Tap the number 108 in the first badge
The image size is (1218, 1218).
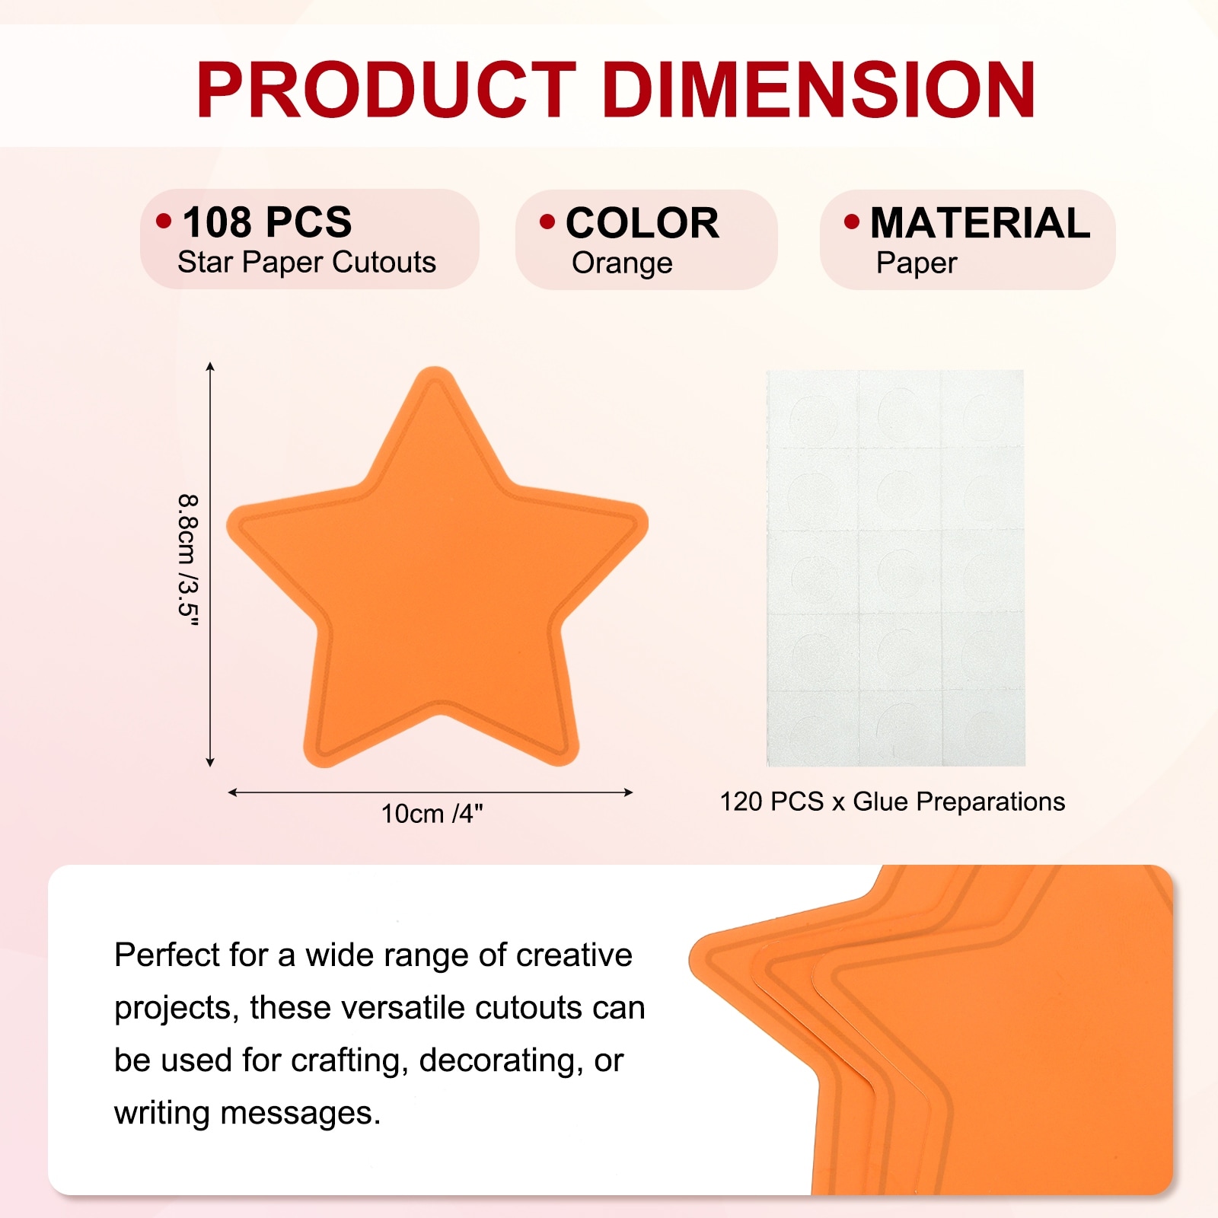pyautogui.click(x=216, y=222)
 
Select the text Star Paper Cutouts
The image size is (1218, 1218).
pyautogui.click(x=307, y=263)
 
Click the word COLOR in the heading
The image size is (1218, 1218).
pyautogui.click(x=642, y=223)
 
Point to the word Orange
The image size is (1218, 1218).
pyautogui.click(x=622, y=263)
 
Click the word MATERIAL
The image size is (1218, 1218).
pyautogui.click(x=980, y=223)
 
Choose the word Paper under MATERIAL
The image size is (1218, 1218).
pyautogui.click(x=917, y=263)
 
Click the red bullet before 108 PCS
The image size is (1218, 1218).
pyautogui.click(x=164, y=221)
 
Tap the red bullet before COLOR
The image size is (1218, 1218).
pyautogui.click(x=547, y=222)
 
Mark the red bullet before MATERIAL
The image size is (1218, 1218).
pyautogui.click(x=852, y=222)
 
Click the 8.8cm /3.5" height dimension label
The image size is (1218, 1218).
pyautogui.click(x=188, y=561)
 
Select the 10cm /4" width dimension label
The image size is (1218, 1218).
pyautogui.click(x=432, y=814)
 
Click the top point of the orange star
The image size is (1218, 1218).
pyautogui.click(x=435, y=368)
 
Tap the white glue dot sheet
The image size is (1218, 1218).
pyautogui.click(x=895, y=568)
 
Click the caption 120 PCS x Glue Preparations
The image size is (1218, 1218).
pyautogui.click(x=892, y=802)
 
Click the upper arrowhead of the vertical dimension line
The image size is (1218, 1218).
pyautogui.click(x=210, y=367)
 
